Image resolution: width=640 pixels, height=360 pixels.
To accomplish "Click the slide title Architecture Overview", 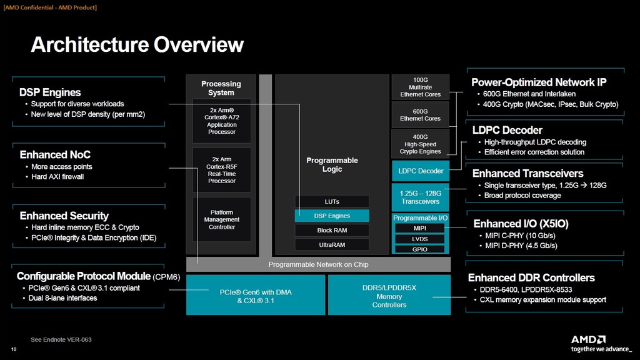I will click(137, 44).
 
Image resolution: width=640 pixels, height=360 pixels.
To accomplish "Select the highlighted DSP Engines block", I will click(332, 216).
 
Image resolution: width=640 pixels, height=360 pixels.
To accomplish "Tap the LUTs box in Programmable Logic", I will click(332, 201).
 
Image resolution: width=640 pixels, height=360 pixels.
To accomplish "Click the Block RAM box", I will click(332, 230).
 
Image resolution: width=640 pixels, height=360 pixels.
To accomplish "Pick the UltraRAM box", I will click(332, 244).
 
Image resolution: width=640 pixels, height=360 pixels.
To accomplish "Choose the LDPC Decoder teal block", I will click(420, 171).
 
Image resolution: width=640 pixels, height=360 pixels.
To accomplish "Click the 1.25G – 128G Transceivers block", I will click(420, 197).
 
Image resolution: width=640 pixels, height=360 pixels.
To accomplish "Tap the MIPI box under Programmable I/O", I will click(420, 228).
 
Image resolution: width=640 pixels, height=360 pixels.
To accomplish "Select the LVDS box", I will click(420, 239).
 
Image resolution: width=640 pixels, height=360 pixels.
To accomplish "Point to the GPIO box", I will click(420, 249).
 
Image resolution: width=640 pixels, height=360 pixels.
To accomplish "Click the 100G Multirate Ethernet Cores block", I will click(420, 87).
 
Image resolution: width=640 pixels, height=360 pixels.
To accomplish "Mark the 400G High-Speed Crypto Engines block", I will click(420, 144).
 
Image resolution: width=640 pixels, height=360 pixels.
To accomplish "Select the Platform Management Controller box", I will click(222, 219).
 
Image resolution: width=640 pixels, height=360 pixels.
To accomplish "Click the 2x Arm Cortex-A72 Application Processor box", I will click(222, 121).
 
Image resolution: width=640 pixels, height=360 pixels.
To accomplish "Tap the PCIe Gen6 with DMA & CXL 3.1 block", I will click(256, 296).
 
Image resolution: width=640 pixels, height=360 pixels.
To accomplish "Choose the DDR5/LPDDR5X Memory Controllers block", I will click(389, 296).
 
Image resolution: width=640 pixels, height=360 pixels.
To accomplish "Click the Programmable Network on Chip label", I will click(318, 264).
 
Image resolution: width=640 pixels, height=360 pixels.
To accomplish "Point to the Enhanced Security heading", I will click(64, 216).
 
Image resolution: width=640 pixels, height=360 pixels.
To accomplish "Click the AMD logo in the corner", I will click(588, 339).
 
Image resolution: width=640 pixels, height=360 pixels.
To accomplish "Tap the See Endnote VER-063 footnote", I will click(61, 339).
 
